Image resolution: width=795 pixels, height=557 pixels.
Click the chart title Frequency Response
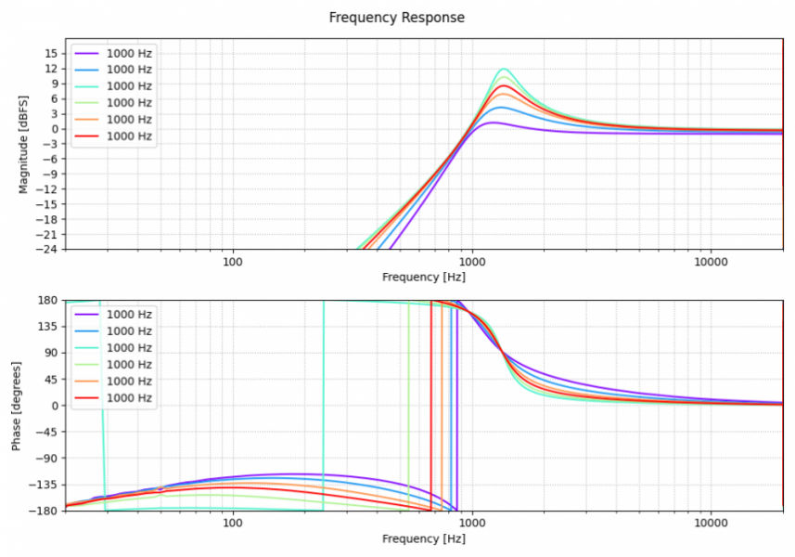(x=397, y=18)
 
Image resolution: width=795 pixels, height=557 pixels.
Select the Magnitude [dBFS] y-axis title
(x=24, y=144)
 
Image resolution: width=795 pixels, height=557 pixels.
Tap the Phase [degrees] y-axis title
(x=16, y=406)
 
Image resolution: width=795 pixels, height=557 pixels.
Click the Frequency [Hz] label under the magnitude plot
(x=423, y=277)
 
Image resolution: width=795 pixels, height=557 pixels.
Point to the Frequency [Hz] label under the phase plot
(x=423, y=539)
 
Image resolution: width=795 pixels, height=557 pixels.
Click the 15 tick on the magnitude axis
(x=50, y=53)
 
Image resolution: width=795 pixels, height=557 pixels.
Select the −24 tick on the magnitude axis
(x=47, y=249)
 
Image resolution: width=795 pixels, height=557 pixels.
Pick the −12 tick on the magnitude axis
(x=47, y=188)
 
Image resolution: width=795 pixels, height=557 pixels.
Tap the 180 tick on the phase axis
(x=47, y=300)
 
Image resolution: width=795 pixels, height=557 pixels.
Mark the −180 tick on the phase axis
(x=45, y=511)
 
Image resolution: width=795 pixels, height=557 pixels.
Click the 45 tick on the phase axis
(x=50, y=379)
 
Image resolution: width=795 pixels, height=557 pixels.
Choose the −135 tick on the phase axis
(x=45, y=485)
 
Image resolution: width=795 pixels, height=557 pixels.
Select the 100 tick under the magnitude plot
(x=233, y=263)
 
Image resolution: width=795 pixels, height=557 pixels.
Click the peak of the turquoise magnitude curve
(x=504, y=69)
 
